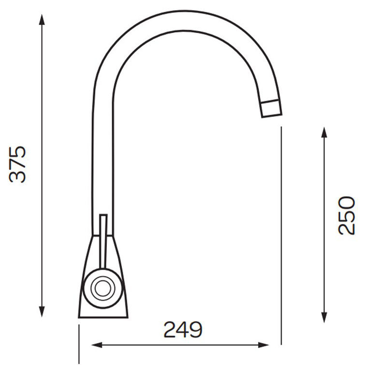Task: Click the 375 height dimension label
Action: [18, 164]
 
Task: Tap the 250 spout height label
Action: [346, 215]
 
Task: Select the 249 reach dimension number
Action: [183, 330]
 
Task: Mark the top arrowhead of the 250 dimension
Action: [325, 132]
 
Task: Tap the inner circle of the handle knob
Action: [102, 289]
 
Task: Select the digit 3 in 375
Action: [18, 176]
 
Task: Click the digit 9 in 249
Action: [196, 330]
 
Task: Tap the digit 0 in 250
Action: [346, 203]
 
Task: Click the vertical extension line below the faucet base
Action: [78, 343]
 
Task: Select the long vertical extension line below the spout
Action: [281, 232]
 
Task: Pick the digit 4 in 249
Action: [183, 330]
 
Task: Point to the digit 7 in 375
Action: [18, 164]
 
